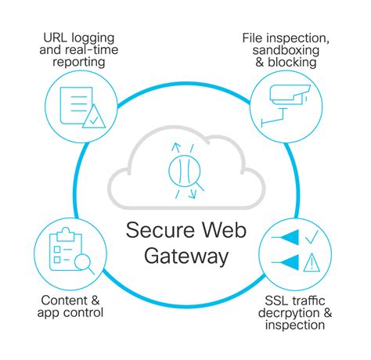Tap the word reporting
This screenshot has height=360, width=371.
click(x=79, y=63)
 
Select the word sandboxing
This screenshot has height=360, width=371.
click(x=286, y=50)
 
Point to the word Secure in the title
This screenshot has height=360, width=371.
click(x=160, y=230)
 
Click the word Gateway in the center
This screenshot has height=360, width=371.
click(x=186, y=256)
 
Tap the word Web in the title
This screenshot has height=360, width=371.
click(x=225, y=230)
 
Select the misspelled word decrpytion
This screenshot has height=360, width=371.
click(x=289, y=313)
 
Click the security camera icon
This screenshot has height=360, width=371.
click(x=286, y=105)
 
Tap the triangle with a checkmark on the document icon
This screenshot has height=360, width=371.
click(x=94, y=117)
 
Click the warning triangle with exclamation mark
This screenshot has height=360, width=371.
click(x=312, y=262)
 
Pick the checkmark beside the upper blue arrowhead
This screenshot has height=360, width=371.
click(x=312, y=237)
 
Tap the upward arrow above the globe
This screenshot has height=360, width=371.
click(x=176, y=148)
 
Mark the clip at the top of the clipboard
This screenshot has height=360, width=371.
click(x=66, y=234)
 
